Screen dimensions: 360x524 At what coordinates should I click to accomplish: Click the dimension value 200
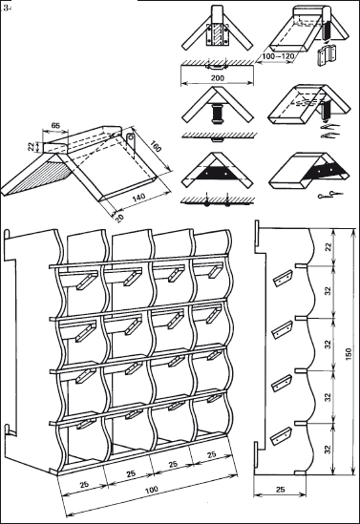pos(218,78)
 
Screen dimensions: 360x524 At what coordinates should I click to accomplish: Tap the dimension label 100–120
pos(278,56)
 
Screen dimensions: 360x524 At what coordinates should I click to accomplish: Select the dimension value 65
pos(55,126)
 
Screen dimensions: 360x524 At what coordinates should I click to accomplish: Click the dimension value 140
pos(138,197)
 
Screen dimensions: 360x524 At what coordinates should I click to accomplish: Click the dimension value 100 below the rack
pos(152,491)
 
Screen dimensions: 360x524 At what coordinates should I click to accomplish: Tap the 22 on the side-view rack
pos(328,247)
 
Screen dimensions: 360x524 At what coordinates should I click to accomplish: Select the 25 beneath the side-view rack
pos(281,490)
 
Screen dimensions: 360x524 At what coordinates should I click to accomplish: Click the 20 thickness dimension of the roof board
pos(119,218)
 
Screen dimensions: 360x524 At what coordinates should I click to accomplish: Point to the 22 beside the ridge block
pos(32,146)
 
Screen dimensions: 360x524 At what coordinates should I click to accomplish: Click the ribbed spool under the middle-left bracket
pos(218,114)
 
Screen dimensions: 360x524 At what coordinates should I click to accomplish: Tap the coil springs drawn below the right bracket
pos(329,132)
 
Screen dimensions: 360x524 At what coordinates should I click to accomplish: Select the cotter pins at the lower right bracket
pos(329,194)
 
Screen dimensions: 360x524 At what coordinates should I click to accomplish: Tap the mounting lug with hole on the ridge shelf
pos(131,142)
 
